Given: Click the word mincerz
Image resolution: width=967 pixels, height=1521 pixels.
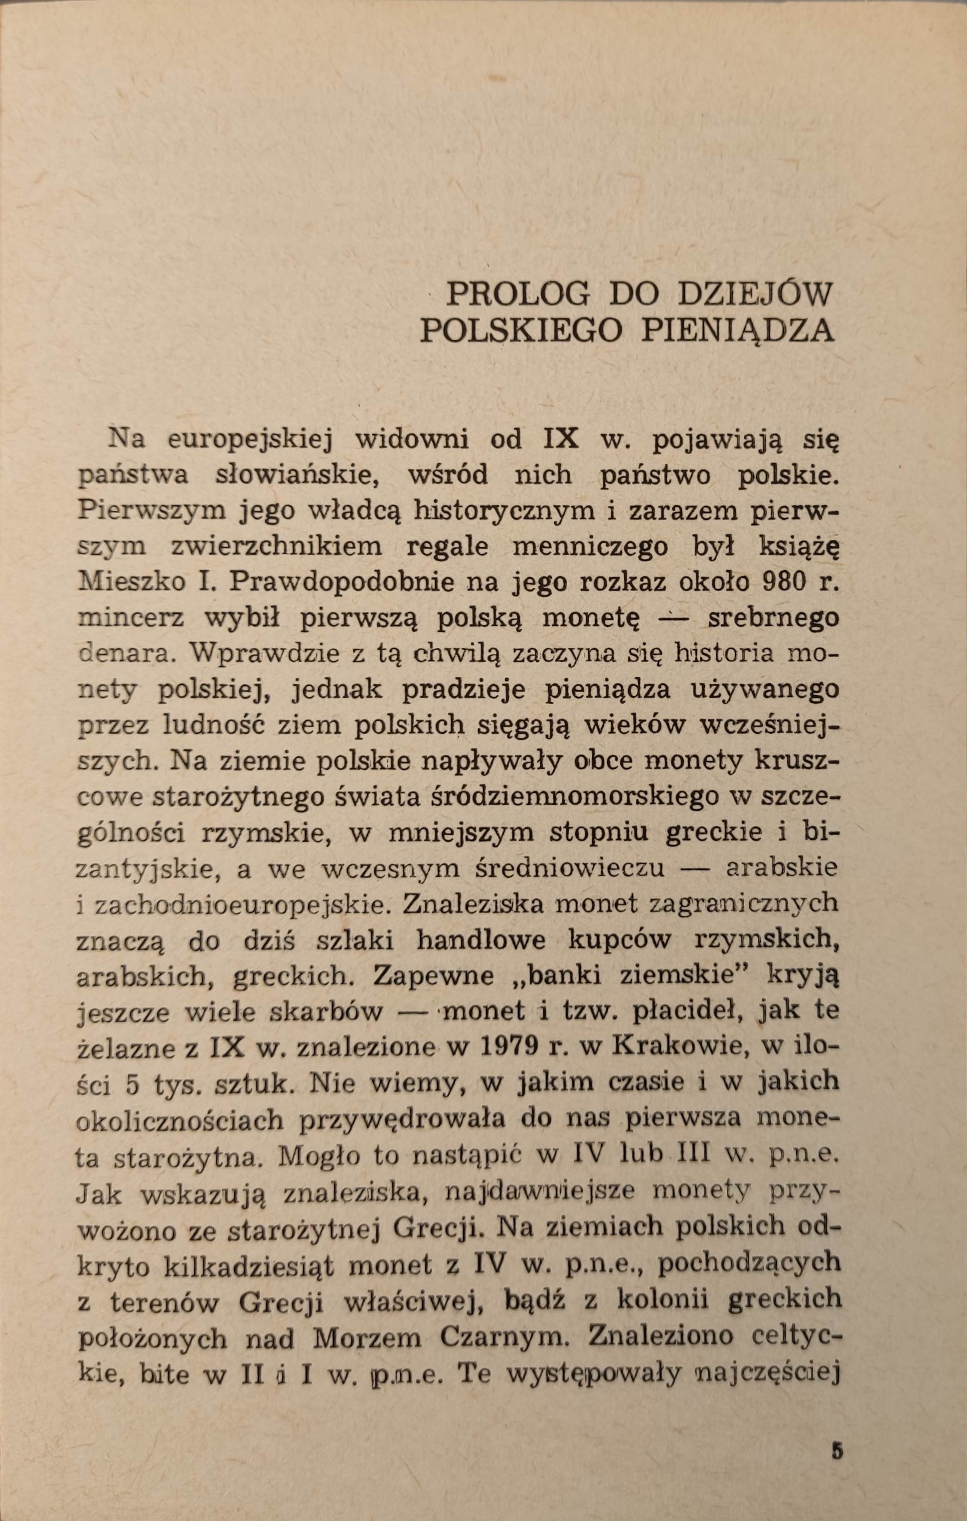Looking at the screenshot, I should pyautogui.click(x=131, y=618).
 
